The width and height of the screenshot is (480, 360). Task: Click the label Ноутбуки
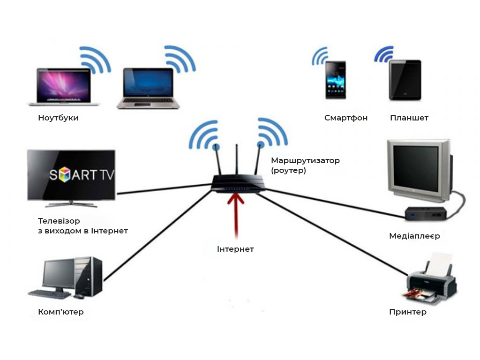click(58, 118)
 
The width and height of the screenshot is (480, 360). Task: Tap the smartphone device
click(336, 80)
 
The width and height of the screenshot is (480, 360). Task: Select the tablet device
click(405, 80)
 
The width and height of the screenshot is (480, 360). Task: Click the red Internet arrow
click(236, 214)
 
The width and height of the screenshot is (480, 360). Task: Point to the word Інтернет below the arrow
click(235, 249)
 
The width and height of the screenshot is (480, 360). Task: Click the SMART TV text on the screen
click(82, 175)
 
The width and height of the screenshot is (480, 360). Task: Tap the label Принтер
click(408, 312)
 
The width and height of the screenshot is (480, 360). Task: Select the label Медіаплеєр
click(414, 236)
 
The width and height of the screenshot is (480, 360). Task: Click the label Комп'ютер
click(61, 312)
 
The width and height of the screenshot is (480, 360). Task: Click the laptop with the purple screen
click(60, 86)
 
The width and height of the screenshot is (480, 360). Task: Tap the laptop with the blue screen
click(148, 88)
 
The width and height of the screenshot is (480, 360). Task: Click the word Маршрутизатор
click(305, 161)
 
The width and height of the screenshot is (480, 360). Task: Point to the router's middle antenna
click(237, 162)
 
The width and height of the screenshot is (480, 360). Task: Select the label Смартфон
click(346, 118)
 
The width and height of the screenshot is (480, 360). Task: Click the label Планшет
click(409, 118)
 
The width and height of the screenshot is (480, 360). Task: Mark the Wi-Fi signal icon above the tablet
click(383, 54)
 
